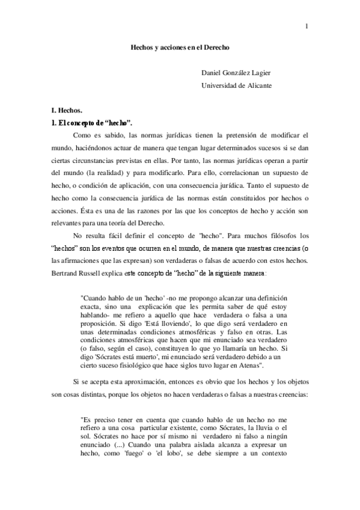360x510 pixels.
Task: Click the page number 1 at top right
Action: coord(306,26)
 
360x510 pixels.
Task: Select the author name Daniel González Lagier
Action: coord(236,73)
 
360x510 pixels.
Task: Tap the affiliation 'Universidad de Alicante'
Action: coord(236,85)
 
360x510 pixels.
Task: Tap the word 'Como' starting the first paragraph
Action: coord(82,135)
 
